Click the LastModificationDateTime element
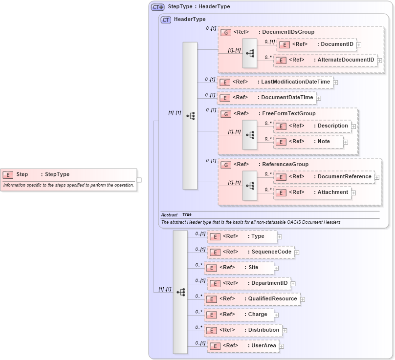[x=274, y=82]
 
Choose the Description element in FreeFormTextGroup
[x=312, y=126]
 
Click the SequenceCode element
[x=250, y=252]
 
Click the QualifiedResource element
[x=251, y=299]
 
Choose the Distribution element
[x=242, y=330]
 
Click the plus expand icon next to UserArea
[x=282, y=346]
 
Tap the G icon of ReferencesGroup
[x=226, y=165]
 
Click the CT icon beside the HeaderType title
[x=166, y=20]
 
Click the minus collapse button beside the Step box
[x=139, y=180]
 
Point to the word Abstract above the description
[x=169, y=214]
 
